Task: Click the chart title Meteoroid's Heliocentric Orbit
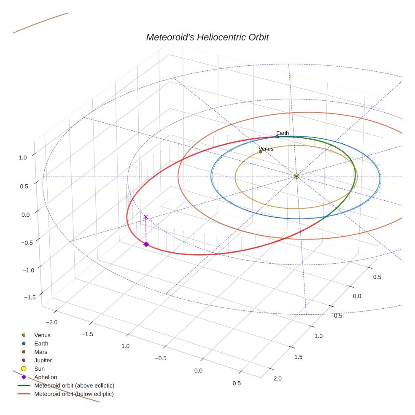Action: click(207, 37)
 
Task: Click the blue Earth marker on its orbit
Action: click(277, 137)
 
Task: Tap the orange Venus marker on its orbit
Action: click(260, 151)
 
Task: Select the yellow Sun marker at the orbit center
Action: click(296, 176)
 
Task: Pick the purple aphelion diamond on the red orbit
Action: click(146, 244)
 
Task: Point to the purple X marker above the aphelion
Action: click(146, 217)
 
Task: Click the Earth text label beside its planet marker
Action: click(283, 133)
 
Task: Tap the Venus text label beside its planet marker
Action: click(266, 149)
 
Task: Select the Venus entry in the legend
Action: click(42, 335)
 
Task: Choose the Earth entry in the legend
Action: click(41, 344)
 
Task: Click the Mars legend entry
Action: click(40, 352)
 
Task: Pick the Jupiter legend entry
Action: click(43, 361)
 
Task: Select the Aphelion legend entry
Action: click(46, 377)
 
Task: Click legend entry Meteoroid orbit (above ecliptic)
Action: click(74, 385)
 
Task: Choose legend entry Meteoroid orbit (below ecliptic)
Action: click(74, 394)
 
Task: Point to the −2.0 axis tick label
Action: click(52, 322)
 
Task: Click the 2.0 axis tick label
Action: click(278, 378)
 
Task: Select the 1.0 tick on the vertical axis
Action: click(22, 157)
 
